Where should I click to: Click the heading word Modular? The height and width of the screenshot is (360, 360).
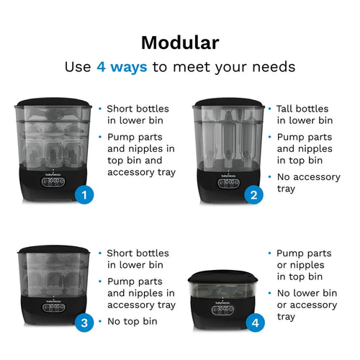point(179,42)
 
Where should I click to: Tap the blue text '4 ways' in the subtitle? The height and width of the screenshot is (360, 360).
point(122,67)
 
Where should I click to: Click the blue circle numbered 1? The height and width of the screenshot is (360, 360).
point(86,194)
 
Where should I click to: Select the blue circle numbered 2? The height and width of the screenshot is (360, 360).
point(253,194)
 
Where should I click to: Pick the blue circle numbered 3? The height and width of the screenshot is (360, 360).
point(86,323)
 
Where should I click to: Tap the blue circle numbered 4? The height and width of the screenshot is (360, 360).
point(253,323)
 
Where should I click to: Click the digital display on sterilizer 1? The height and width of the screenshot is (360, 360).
point(55,181)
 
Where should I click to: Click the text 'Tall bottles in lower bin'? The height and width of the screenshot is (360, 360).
point(304,114)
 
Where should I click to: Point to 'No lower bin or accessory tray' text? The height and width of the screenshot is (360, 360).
point(306,305)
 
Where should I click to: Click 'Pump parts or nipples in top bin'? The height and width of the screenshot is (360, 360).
point(304,265)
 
